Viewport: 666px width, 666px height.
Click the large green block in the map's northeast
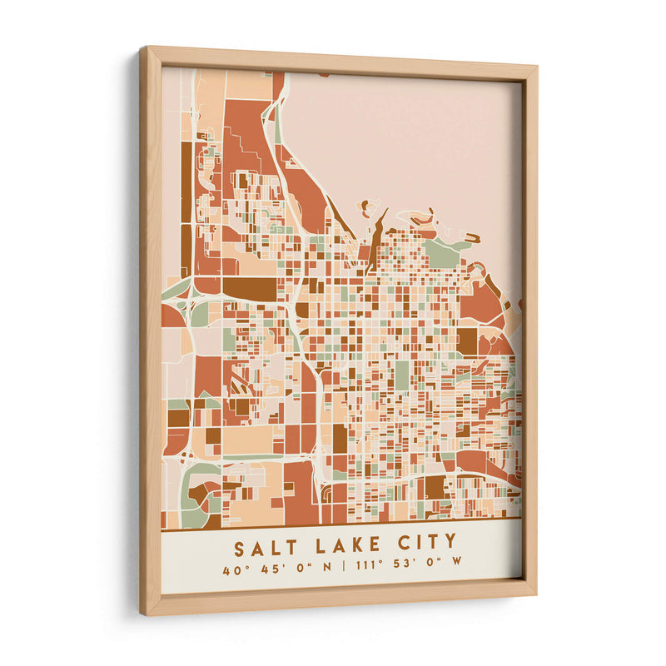[441, 253]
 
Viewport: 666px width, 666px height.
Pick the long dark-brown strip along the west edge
[186, 208]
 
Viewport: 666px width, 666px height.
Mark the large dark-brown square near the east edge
[467, 340]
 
